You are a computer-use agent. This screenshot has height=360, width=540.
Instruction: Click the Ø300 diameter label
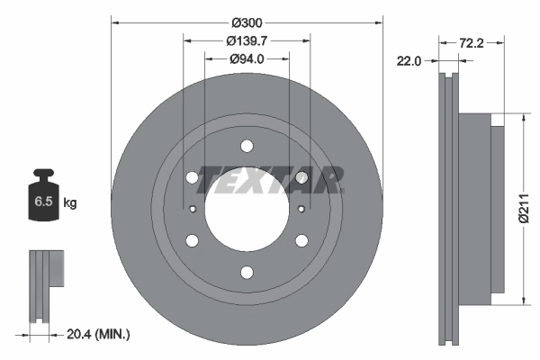(247, 21)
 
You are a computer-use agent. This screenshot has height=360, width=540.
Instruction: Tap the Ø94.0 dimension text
(247, 59)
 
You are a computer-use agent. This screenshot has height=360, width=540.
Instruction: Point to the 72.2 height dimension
(472, 42)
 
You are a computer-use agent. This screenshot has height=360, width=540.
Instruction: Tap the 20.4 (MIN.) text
(98, 334)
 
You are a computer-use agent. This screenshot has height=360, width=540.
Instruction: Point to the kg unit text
(70, 203)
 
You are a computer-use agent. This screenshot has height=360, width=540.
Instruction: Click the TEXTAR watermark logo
(270, 180)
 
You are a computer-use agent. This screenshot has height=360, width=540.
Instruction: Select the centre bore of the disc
(247, 209)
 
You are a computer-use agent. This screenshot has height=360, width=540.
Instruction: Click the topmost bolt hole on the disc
(247, 147)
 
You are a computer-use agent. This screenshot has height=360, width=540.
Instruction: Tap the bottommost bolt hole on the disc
(247, 272)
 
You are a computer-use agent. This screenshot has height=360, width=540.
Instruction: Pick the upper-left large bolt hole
(193, 178)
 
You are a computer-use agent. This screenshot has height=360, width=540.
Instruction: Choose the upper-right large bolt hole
(301, 178)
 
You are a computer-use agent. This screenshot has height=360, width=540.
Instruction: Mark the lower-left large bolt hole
(193, 240)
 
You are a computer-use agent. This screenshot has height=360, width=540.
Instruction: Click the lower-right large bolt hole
(301, 240)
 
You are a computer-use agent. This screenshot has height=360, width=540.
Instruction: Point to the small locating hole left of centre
(193, 209)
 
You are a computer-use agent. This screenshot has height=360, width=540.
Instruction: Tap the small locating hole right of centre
(301, 209)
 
